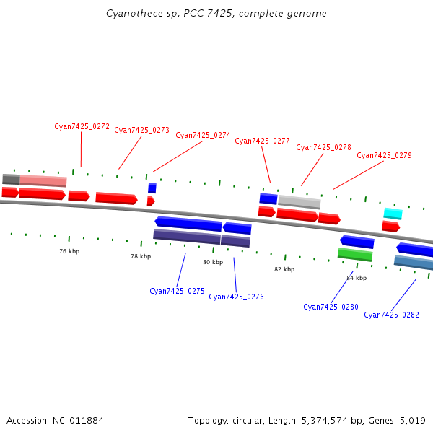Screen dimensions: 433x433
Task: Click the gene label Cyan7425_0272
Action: [82, 126]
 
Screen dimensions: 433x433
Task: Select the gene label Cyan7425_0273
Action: [141, 131]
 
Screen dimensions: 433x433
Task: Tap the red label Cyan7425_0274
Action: [203, 136]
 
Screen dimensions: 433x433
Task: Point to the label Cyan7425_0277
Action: [262, 141]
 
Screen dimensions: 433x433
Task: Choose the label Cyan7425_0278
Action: [323, 148]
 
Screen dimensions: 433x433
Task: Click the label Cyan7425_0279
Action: [384, 156]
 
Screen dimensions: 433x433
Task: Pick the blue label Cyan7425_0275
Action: [177, 292]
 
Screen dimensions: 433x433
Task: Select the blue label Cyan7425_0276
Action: [236, 297]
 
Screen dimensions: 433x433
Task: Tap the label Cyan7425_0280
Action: [331, 307]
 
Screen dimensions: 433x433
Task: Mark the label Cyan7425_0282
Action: [391, 315]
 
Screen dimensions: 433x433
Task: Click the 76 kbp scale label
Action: [69, 251]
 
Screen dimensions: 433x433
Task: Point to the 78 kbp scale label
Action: [141, 256]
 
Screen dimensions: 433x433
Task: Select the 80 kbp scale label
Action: [212, 262]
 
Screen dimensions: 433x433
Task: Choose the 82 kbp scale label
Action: [284, 269]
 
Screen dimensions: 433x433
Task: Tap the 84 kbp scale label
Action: [357, 278]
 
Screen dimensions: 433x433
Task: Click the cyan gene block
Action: [393, 214]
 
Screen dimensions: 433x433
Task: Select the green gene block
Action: [355, 254]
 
